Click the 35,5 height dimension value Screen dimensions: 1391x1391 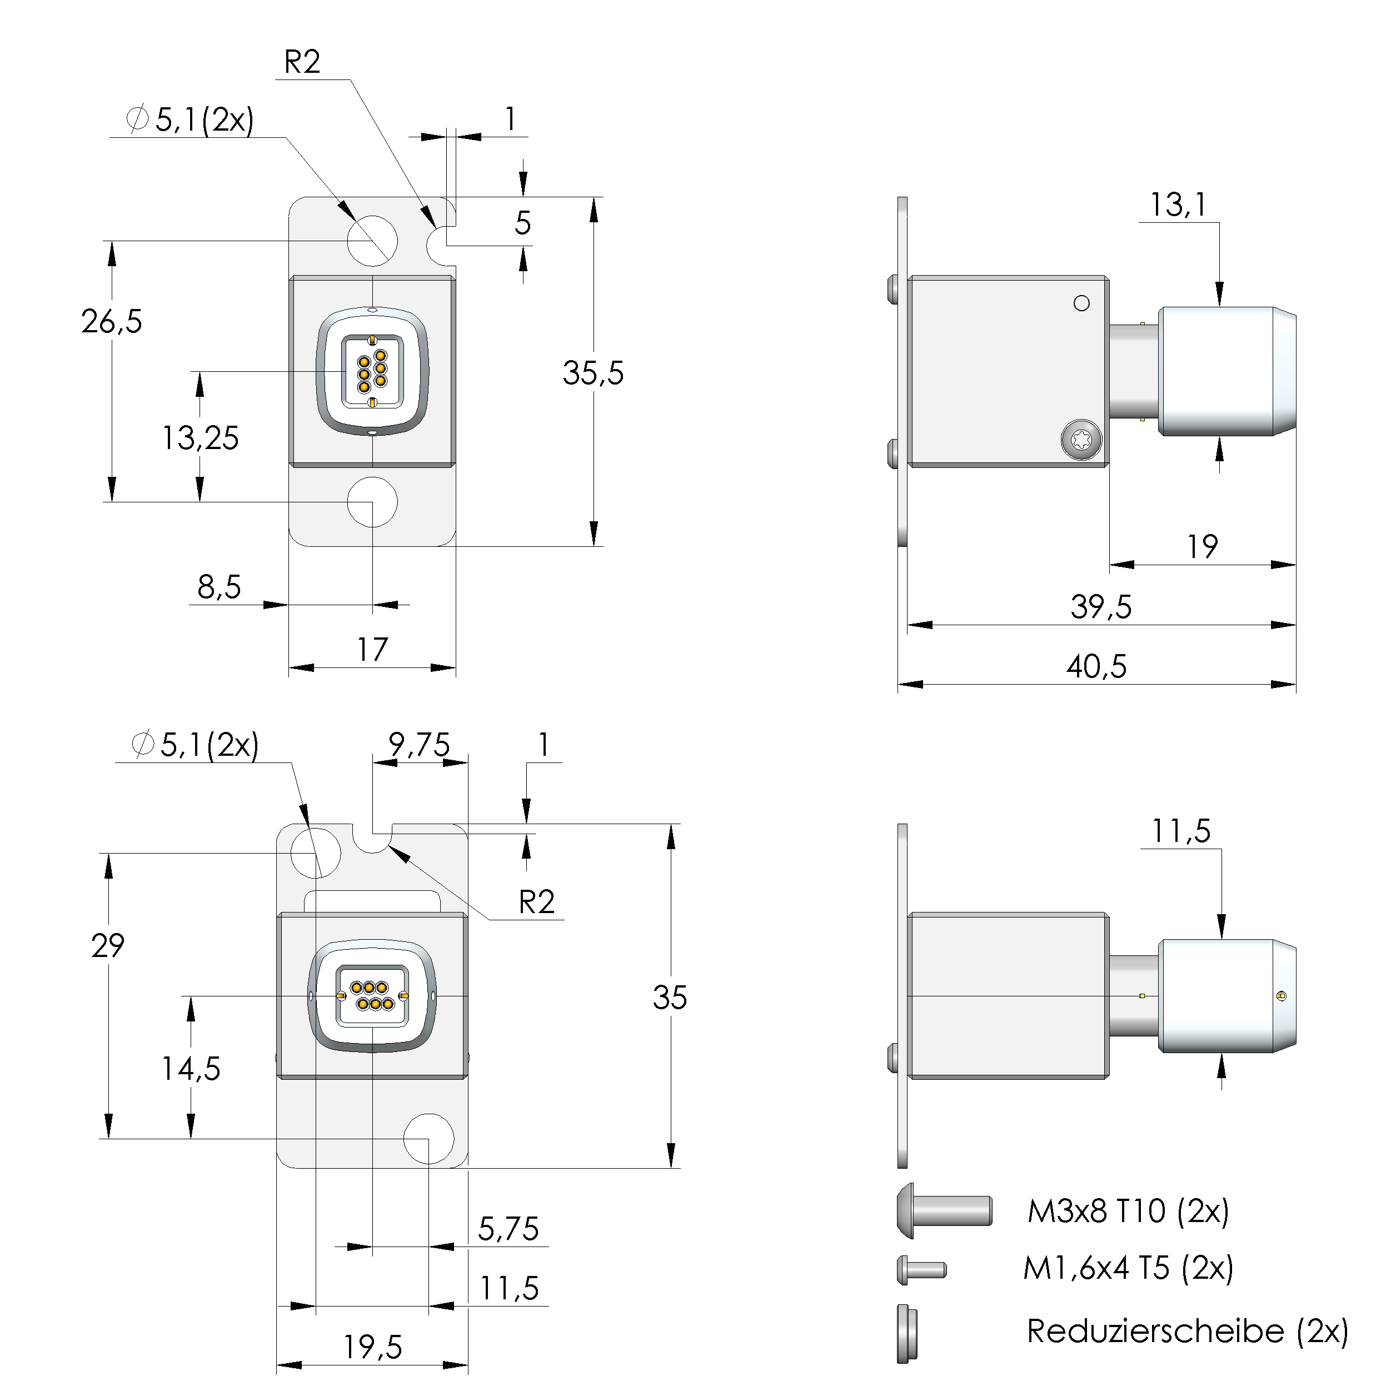[x=592, y=373]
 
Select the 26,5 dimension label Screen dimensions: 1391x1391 [x=112, y=322]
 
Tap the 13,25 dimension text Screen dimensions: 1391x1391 [x=200, y=438]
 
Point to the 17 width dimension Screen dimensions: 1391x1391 [x=372, y=650]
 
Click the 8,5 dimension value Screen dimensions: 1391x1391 [x=219, y=587]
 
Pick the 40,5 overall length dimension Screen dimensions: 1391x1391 [x=1096, y=667]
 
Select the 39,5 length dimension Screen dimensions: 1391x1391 [x=1100, y=607]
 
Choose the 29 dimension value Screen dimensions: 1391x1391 [x=108, y=946]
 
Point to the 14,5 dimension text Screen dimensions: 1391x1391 [x=191, y=1069]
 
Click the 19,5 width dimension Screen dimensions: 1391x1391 [x=372, y=1347]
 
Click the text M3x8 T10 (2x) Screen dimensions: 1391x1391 [x=1128, y=1211]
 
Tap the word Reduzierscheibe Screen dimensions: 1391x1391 [x=1155, y=1331]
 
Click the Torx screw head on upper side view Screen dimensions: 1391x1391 [x=1081, y=439]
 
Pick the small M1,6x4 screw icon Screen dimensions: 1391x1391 [x=921, y=1269]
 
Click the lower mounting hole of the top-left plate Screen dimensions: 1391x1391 [x=372, y=502]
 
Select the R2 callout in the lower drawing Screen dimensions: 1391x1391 [x=536, y=902]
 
